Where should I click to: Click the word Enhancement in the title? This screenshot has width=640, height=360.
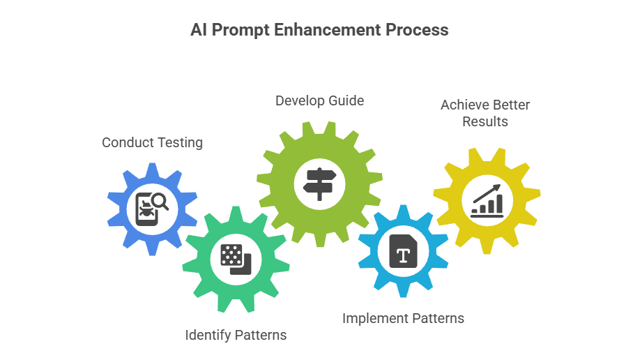tap(319, 31)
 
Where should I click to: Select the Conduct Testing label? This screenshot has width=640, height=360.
tap(152, 142)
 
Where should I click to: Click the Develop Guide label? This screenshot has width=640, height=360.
tap(319, 100)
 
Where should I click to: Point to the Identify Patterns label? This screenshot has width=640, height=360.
tap(236, 335)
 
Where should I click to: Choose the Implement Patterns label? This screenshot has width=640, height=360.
tap(403, 318)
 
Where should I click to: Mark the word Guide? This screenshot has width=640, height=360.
tap(346, 100)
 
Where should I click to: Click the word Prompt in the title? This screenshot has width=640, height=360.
tap(238, 31)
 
